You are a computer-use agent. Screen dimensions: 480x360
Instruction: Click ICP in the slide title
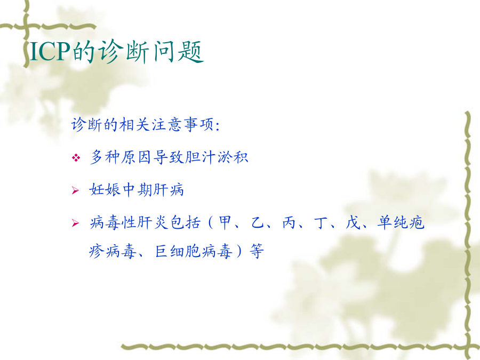click(x=51, y=51)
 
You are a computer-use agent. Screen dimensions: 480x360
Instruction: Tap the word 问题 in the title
click(x=178, y=51)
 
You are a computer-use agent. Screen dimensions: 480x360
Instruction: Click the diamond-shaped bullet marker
click(x=76, y=158)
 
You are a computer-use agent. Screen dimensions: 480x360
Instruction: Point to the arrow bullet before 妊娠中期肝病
click(x=75, y=190)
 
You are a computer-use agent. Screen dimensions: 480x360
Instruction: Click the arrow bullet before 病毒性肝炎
click(x=75, y=223)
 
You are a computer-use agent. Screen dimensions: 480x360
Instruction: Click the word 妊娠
click(x=105, y=189)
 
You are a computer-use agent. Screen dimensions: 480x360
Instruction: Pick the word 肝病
click(x=168, y=189)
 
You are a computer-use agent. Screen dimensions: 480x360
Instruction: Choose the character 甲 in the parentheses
click(x=225, y=222)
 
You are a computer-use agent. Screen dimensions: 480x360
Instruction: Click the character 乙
click(x=257, y=222)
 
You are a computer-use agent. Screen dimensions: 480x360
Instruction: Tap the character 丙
click(x=289, y=222)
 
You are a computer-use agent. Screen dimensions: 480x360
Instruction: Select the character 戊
click(x=352, y=222)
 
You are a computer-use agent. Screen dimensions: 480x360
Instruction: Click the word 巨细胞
click(x=178, y=251)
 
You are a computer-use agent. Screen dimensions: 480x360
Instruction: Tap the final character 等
click(x=257, y=251)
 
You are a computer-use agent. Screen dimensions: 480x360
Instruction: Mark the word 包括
click(x=185, y=222)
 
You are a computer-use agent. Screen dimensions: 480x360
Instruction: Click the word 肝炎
click(x=153, y=222)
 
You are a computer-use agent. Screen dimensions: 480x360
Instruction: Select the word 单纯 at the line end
click(x=393, y=222)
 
